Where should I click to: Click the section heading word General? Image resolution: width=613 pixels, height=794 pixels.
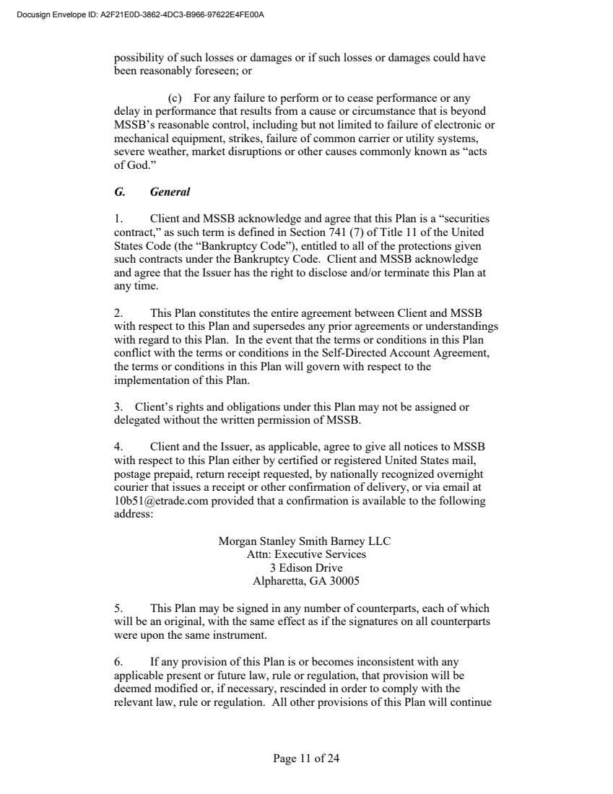(170, 192)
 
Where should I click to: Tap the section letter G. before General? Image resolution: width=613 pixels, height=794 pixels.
(120, 192)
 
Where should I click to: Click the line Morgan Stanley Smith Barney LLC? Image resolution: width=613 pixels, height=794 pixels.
(305, 541)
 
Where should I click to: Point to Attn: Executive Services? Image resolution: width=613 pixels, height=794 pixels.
(305, 554)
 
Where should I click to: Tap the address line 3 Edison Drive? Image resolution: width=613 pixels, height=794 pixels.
(305, 567)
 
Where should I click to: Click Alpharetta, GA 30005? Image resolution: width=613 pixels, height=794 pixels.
(305, 580)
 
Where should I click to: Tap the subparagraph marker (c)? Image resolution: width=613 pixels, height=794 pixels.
(175, 98)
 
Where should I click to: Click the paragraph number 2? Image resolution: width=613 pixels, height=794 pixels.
(119, 313)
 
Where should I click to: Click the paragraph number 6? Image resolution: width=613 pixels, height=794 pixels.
(119, 662)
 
